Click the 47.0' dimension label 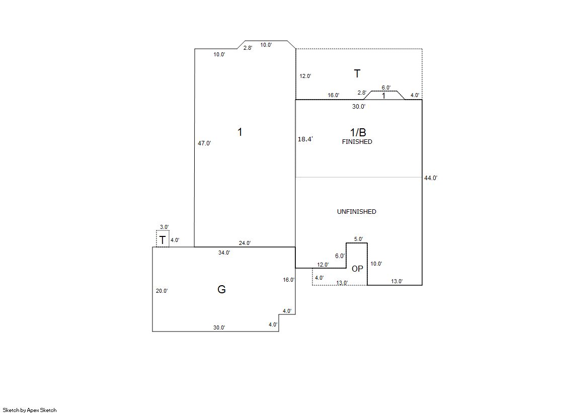click(x=204, y=143)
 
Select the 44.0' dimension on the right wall click(x=431, y=178)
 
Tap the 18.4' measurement click(x=305, y=139)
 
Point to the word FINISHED click(x=357, y=142)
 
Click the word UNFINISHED click(x=357, y=211)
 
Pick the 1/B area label click(x=358, y=132)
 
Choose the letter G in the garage click(x=221, y=289)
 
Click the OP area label click(x=357, y=269)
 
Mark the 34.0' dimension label click(x=224, y=253)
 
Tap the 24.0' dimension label click(x=245, y=243)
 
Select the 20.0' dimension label click(x=162, y=291)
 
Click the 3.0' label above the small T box click(x=164, y=227)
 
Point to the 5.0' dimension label click(x=358, y=239)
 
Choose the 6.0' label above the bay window click(x=386, y=88)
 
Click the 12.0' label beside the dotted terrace click(x=305, y=76)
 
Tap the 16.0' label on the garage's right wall click(x=289, y=280)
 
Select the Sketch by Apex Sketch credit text click(x=30, y=410)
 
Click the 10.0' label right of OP click(x=376, y=264)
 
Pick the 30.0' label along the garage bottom click(x=219, y=327)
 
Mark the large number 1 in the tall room click(x=240, y=132)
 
